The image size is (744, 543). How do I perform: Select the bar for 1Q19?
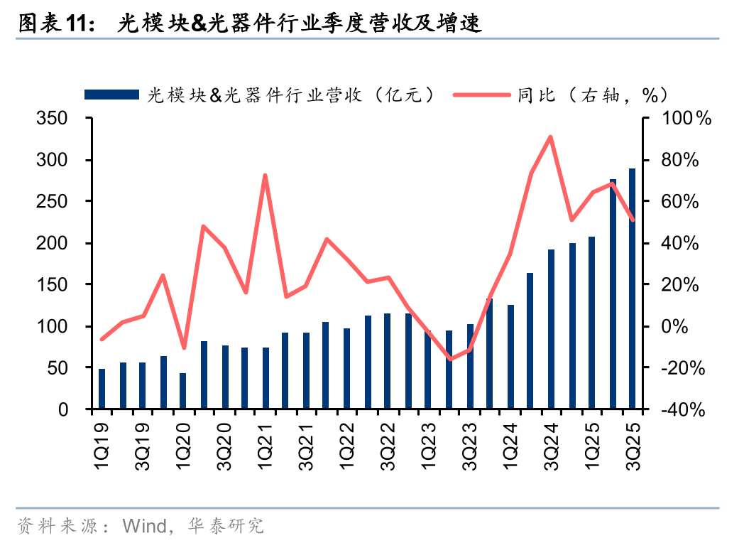coord(102,389)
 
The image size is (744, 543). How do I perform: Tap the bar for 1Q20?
coord(183,391)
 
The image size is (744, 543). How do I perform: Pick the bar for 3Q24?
coord(551,329)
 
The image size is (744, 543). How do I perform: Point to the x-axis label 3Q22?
coord(388,444)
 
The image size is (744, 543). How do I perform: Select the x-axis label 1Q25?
coord(591,444)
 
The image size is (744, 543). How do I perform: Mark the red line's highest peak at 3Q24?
coord(551,136)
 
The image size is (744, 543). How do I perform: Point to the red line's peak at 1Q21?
coord(265,175)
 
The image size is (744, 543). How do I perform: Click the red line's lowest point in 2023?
coord(449,359)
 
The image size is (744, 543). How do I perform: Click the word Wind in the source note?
coord(142,526)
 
